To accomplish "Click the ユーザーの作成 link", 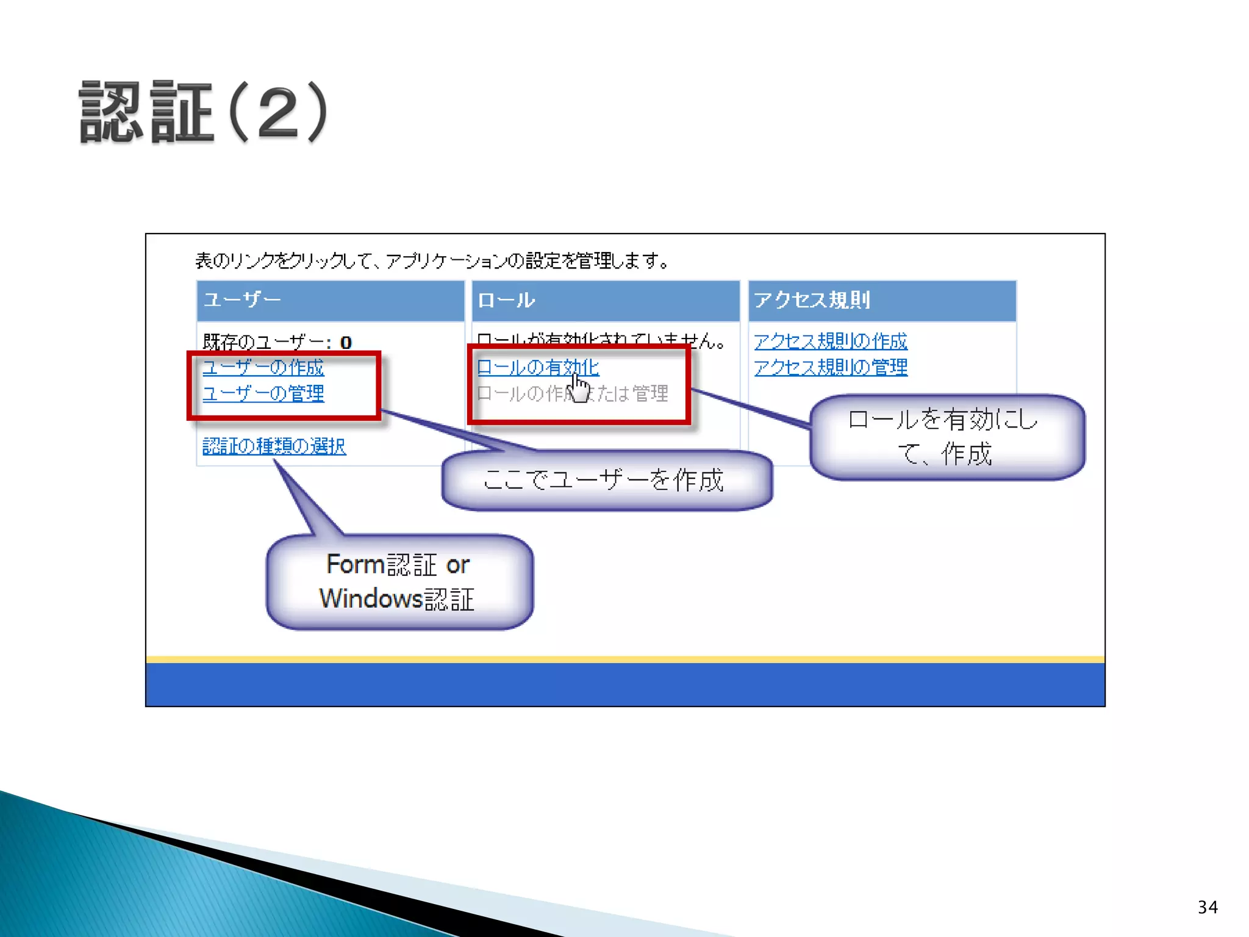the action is (x=263, y=367).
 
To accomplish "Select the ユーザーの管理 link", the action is (x=263, y=393).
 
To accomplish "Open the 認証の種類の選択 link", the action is (x=274, y=447).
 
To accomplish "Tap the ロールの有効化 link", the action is (x=537, y=367).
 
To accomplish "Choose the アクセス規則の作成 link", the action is (x=830, y=341).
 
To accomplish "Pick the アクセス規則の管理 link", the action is (x=830, y=367).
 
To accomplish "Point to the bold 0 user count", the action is (x=346, y=342).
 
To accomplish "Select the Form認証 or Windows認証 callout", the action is (x=399, y=582).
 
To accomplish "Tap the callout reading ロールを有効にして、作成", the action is (x=946, y=437).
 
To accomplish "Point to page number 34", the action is (x=1207, y=907).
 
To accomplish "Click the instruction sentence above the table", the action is (x=432, y=261).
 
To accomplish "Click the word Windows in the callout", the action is (x=370, y=598).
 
